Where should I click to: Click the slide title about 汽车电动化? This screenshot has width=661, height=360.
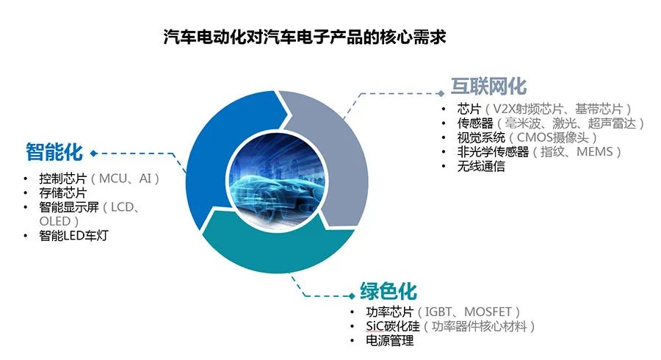point(304,37)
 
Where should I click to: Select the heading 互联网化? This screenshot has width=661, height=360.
point(488,87)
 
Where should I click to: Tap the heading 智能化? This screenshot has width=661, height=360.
point(54,152)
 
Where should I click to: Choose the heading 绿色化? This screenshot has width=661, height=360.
point(389,291)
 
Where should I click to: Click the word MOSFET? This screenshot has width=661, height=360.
point(488,312)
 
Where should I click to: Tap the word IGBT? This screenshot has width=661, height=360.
point(438,312)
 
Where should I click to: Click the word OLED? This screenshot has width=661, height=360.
point(55,221)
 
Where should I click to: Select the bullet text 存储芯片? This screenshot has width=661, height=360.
point(63,193)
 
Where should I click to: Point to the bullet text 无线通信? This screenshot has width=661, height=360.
point(481,166)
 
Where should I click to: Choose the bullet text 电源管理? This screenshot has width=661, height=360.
point(390,341)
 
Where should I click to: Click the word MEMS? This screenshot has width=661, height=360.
point(594,152)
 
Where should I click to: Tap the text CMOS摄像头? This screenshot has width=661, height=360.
point(552,137)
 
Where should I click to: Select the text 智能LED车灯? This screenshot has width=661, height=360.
point(73,236)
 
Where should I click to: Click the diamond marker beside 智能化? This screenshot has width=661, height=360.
point(93,154)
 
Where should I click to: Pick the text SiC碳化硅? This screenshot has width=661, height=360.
point(393,326)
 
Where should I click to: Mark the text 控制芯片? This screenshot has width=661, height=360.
point(63,179)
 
